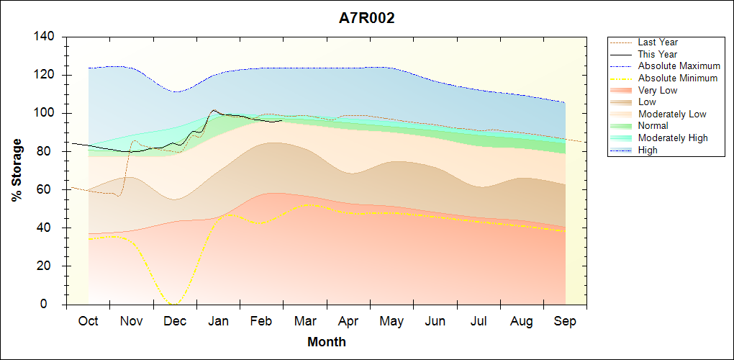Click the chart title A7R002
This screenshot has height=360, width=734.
366,18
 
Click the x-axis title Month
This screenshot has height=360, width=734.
326,341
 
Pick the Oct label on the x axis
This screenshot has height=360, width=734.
89,321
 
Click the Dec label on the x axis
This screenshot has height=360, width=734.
176,321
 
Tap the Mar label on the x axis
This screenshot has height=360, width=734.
305,321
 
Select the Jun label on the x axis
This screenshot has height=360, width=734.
435,321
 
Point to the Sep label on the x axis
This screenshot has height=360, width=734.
565,321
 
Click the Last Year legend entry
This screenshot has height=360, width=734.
658,42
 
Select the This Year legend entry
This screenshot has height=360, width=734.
658,54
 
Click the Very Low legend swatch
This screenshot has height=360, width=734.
622,90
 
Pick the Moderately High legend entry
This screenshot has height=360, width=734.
673,138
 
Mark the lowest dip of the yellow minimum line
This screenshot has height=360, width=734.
175,303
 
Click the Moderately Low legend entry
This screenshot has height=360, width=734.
672,114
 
